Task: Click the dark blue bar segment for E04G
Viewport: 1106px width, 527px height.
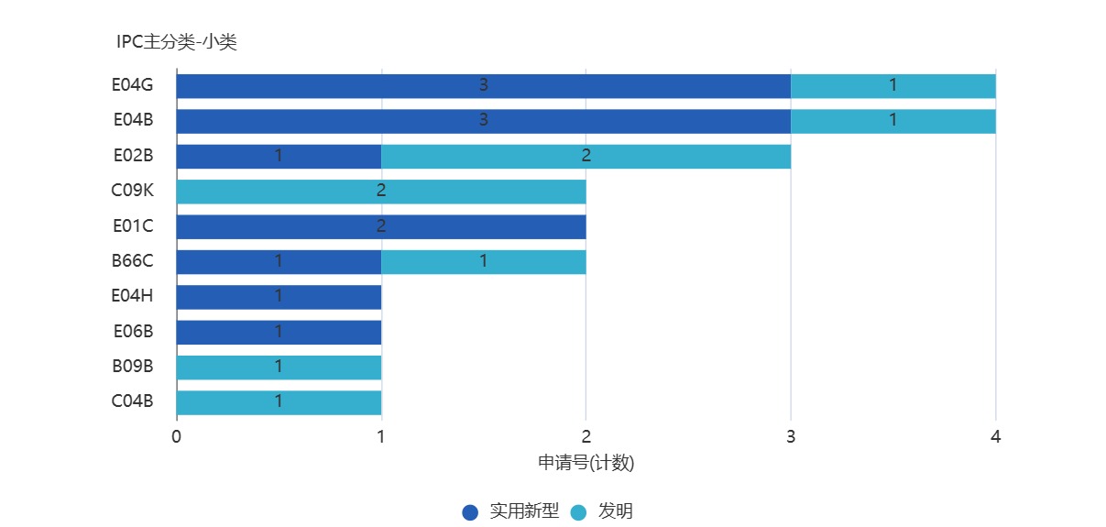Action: pyautogui.click(x=483, y=85)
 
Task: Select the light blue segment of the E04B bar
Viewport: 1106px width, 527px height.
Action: pyautogui.click(x=892, y=121)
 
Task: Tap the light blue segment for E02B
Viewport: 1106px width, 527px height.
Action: pyautogui.click(x=586, y=156)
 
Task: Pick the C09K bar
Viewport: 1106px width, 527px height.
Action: pyautogui.click(x=380, y=192)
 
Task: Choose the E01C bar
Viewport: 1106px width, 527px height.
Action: pyautogui.click(x=380, y=226)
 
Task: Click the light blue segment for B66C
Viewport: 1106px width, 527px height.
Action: pyautogui.click(x=483, y=261)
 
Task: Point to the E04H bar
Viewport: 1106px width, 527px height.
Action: pyautogui.click(x=279, y=297)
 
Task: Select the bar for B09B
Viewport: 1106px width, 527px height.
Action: pyautogui.click(x=279, y=367)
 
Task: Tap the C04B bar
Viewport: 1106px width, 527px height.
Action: pyautogui.click(x=279, y=401)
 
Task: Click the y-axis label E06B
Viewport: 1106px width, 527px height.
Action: pyautogui.click(x=133, y=331)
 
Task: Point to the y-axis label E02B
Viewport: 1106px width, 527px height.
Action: pyautogui.click(x=133, y=155)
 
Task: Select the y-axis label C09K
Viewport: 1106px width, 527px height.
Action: pyautogui.click(x=133, y=191)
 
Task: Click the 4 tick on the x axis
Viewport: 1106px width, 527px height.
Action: pyautogui.click(x=995, y=437)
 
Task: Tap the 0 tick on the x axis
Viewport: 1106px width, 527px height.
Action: pyautogui.click(x=176, y=437)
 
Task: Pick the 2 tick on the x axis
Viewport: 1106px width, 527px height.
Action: pyautogui.click(x=586, y=437)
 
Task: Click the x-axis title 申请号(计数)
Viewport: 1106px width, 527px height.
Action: pyautogui.click(x=586, y=463)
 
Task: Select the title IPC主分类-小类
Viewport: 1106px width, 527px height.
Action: pyautogui.click(x=177, y=41)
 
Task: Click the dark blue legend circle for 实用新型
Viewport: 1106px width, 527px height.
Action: pyautogui.click(x=470, y=512)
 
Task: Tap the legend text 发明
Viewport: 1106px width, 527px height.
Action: pyautogui.click(x=615, y=511)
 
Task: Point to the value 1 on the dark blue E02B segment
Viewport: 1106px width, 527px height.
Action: pyautogui.click(x=279, y=156)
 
